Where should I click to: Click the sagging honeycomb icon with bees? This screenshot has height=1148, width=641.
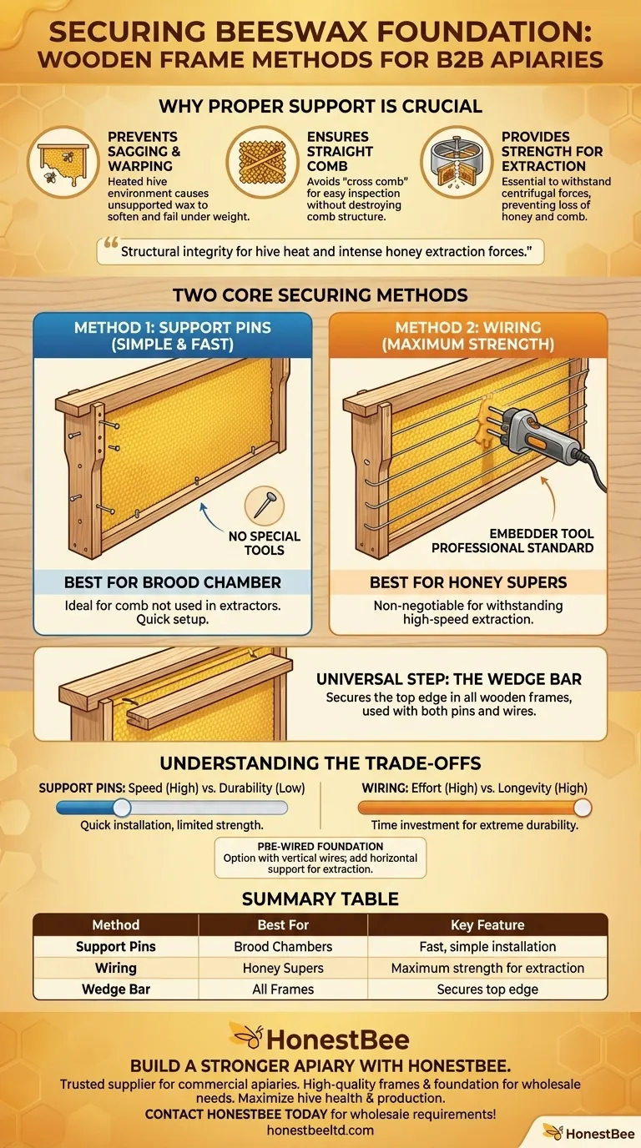[x=63, y=163]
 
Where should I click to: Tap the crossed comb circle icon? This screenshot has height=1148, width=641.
[x=263, y=163]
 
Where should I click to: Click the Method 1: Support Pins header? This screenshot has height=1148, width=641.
[x=172, y=335]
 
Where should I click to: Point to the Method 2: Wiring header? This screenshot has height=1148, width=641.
[x=468, y=335]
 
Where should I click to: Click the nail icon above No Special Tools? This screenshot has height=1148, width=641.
[x=265, y=506]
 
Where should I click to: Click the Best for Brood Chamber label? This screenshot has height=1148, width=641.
[x=172, y=582]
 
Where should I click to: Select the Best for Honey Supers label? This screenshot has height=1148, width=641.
[x=468, y=582]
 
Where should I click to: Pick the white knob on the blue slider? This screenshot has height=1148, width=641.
[x=122, y=808]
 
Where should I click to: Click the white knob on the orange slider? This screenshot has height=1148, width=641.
[x=583, y=808]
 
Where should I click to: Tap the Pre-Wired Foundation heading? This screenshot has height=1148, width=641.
[x=320, y=846]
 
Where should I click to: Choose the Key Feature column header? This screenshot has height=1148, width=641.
[x=487, y=924]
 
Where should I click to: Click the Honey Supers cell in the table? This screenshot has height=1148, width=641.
[x=283, y=968]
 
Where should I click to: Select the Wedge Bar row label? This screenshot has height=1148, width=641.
[x=116, y=989]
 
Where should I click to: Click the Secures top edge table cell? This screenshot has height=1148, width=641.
[x=487, y=989]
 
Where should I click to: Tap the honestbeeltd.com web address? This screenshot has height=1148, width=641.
[x=320, y=1130]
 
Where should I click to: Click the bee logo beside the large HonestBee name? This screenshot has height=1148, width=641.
[x=248, y=1037]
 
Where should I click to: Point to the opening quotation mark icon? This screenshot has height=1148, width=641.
[x=111, y=243]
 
